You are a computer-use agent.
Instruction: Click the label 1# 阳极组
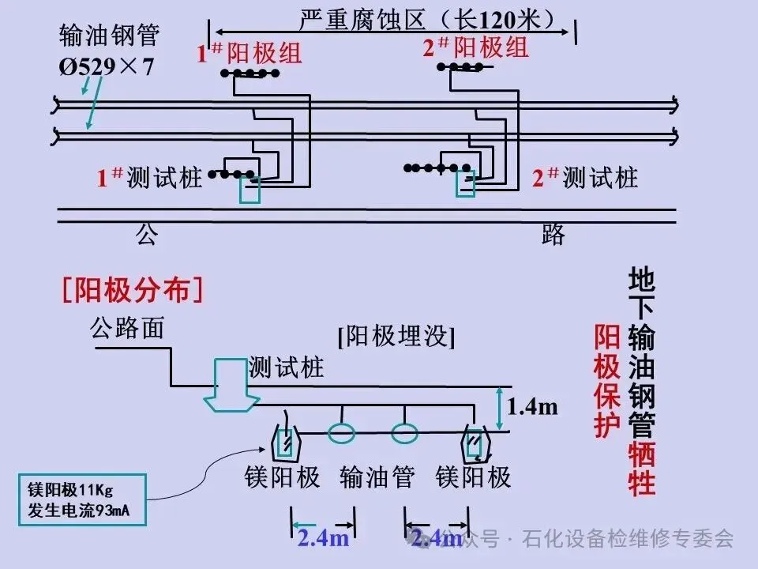(250, 54)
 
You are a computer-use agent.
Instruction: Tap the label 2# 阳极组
(475, 48)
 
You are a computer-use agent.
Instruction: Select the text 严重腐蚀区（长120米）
(427, 17)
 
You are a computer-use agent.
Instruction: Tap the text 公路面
(126, 327)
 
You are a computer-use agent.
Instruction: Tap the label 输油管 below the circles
(377, 477)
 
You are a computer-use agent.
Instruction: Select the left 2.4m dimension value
(323, 538)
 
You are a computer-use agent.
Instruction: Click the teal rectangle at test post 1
(250, 190)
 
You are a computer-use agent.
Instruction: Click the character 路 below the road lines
(553, 234)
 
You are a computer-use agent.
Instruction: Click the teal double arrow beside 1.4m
(499, 409)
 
